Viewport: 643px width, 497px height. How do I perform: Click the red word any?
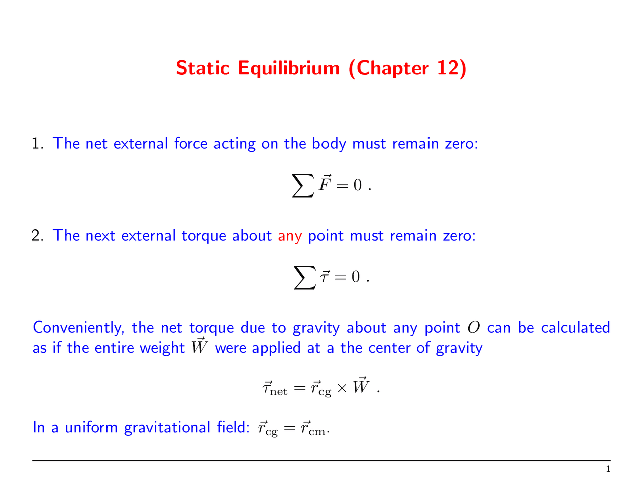[x=290, y=236]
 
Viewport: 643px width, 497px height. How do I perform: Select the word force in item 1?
[x=191, y=144]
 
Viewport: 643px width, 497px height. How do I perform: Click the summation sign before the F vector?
[x=303, y=187]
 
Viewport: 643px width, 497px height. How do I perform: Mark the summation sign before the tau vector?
[x=305, y=279]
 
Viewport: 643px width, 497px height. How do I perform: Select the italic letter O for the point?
[x=473, y=328]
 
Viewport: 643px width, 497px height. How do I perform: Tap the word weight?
[x=162, y=348]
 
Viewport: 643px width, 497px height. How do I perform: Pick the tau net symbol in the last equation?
[x=274, y=389]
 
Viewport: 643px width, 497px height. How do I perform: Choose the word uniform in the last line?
[x=92, y=428]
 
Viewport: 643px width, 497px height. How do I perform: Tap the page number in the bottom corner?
[x=608, y=470]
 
